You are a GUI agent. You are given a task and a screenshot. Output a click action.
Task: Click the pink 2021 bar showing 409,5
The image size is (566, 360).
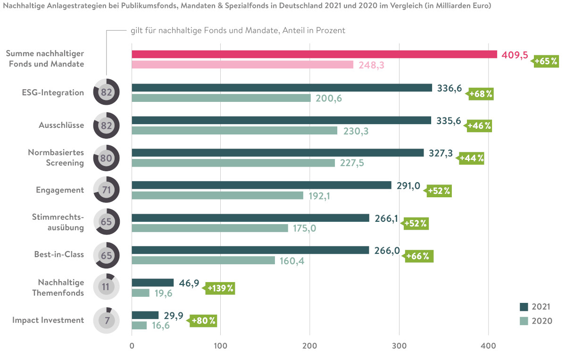click(314, 54)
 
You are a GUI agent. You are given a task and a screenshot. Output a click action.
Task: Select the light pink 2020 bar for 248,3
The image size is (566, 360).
click(242, 65)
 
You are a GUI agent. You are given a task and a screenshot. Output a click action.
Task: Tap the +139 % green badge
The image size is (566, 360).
click(220, 288)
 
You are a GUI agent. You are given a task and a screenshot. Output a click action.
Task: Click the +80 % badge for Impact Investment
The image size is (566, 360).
click(204, 321)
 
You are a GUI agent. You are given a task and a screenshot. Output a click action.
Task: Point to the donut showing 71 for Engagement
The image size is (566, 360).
click(107, 190)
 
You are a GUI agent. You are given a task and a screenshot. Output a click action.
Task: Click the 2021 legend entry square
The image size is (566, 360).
click(524, 307)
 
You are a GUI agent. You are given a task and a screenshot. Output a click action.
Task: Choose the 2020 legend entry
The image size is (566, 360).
click(535, 321)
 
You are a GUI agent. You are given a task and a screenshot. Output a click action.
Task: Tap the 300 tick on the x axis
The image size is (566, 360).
click(399, 346)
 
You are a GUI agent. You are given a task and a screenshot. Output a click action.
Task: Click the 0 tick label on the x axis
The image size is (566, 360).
click(132, 346)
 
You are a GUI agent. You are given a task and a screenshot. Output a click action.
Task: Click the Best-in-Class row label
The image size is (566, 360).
click(59, 254)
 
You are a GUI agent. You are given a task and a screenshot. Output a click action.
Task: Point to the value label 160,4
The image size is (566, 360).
click(292, 261)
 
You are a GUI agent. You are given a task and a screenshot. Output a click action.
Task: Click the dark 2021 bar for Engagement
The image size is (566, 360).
click(261, 185)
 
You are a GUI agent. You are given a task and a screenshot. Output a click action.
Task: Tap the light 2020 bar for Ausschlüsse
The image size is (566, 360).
click(234, 130)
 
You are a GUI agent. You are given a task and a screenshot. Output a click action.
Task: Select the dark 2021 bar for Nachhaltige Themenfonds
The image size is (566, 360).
click(152, 283)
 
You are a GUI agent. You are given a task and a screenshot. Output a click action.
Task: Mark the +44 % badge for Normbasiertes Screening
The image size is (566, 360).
click(472, 158)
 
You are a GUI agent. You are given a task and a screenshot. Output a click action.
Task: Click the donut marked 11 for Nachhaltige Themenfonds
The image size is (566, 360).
click(107, 286)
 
